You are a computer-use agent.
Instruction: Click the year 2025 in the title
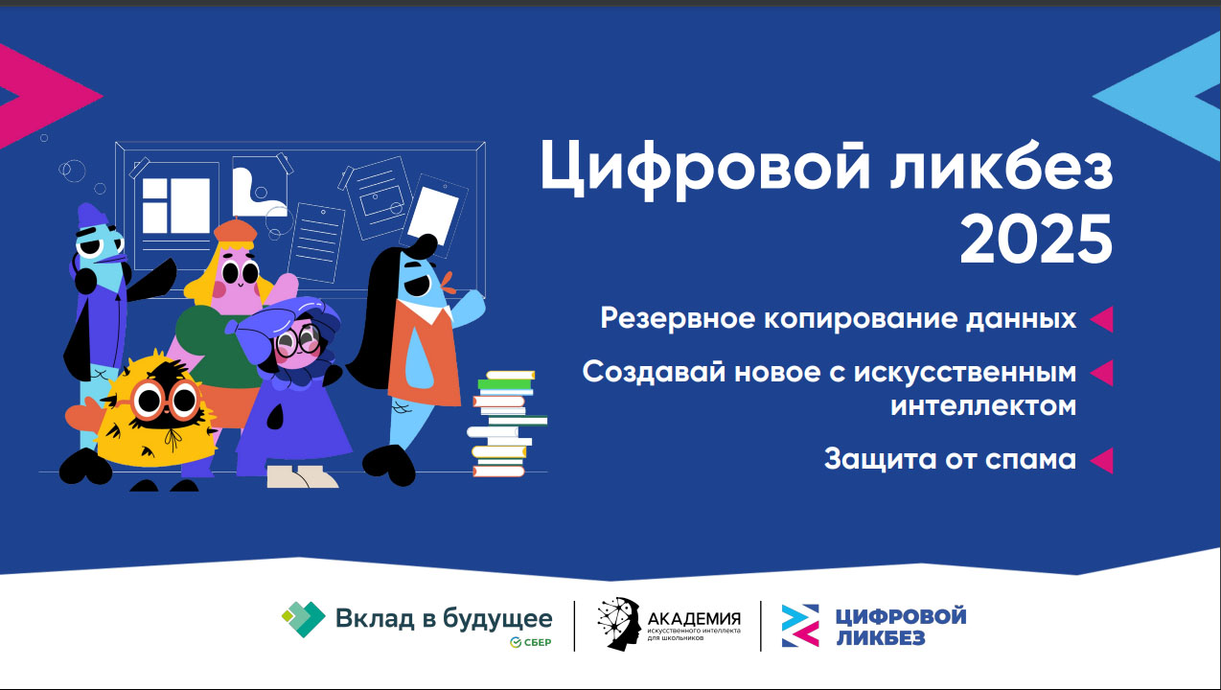point(1036,240)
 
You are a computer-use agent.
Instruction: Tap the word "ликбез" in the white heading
point(1002,166)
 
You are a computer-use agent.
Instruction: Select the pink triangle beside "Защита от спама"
point(1101,461)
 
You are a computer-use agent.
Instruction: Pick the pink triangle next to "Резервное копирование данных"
point(1101,319)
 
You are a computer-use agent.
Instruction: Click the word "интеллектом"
point(983,406)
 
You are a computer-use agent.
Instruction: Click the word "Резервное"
point(678,319)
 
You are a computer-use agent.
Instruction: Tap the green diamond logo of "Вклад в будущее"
point(303,619)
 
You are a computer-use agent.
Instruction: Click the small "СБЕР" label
point(530,643)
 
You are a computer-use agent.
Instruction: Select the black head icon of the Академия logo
point(619,624)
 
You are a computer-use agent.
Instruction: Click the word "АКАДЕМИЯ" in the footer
point(694,618)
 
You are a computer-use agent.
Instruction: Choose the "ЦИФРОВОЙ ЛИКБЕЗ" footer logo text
point(901,627)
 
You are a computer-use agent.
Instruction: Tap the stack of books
point(507,424)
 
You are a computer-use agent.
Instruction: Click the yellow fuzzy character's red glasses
point(166,401)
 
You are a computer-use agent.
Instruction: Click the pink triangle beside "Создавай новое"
point(1101,374)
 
